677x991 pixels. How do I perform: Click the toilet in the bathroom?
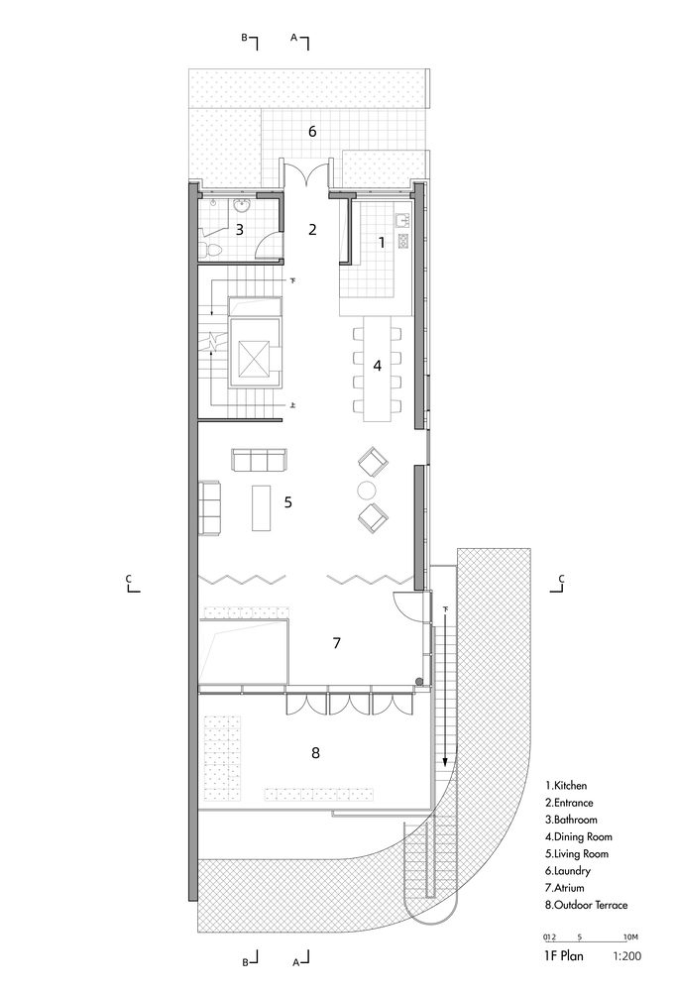211,250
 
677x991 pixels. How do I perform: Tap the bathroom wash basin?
242,205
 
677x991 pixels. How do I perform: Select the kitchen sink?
402,220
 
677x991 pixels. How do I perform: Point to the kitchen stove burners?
402,241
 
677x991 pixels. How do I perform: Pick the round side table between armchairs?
368,490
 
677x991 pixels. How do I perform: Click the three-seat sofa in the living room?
259,460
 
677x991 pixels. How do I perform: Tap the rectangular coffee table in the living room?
261,507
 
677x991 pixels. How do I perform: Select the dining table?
377,368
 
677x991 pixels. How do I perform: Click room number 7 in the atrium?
336,643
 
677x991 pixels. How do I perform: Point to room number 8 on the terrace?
315,753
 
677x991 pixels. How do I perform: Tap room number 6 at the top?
312,132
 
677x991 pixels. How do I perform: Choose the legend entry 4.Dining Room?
579,836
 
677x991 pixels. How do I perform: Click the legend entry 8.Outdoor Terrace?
586,905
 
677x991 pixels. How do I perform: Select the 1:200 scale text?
626,955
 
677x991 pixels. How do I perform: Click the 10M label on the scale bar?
630,936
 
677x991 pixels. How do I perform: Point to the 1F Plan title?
564,955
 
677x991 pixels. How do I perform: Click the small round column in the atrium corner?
419,682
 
